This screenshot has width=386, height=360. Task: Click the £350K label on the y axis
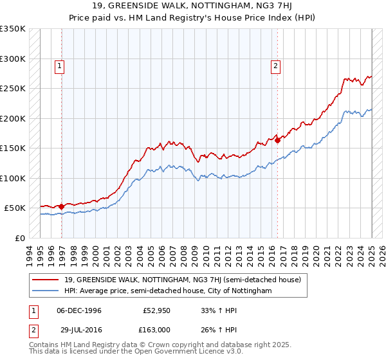click(12, 29)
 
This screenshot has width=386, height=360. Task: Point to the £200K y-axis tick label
click(12, 118)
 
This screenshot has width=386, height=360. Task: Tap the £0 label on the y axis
click(20, 238)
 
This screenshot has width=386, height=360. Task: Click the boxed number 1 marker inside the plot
click(59, 65)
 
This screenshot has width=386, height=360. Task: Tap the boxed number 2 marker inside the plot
click(275, 65)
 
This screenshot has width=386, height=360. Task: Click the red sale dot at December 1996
click(62, 206)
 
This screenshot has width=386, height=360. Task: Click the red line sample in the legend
click(46, 280)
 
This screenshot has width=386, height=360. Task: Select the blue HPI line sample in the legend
click(46, 291)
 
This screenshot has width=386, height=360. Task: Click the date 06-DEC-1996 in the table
click(80, 310)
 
